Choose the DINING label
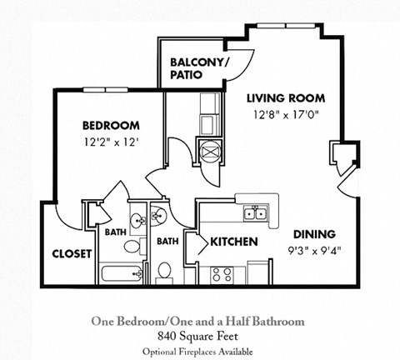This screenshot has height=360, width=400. click(x=313, y=233)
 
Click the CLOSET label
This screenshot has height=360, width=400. click(x=72, y=253)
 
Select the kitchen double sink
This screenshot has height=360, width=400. click(x=255, y=213)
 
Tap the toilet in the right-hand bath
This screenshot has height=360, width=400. click(x=165, y=271)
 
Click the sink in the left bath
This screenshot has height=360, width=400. click(x=138, y=221)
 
